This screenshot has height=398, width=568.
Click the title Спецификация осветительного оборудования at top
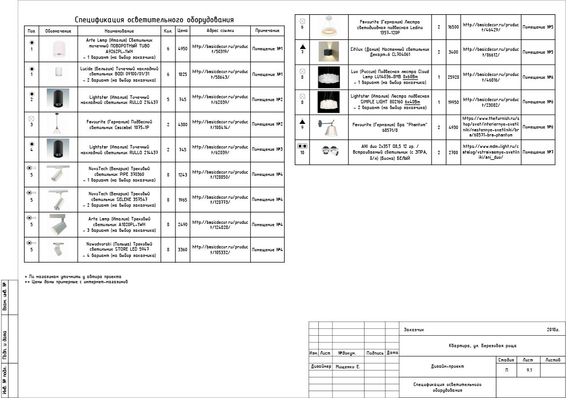click(x=154, y=20)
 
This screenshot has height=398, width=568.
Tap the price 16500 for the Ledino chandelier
click(x=453, y=27)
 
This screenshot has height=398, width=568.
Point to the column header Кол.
click(x=168, y=30)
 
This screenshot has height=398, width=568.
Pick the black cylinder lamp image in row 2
click(x=55, y=99)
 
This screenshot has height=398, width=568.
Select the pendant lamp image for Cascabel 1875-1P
click(x=55, y=124)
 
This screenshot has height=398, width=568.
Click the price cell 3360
click(x=182, y=250)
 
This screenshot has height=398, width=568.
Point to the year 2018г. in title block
click(x=553, y=329)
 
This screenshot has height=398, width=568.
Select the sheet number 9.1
click(x=529, y=371)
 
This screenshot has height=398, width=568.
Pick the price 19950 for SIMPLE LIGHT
click(x=453, y=102)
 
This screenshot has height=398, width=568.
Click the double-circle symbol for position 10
click(x=302, y=146)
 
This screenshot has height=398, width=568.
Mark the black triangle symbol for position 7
click(x=302, y=45)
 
